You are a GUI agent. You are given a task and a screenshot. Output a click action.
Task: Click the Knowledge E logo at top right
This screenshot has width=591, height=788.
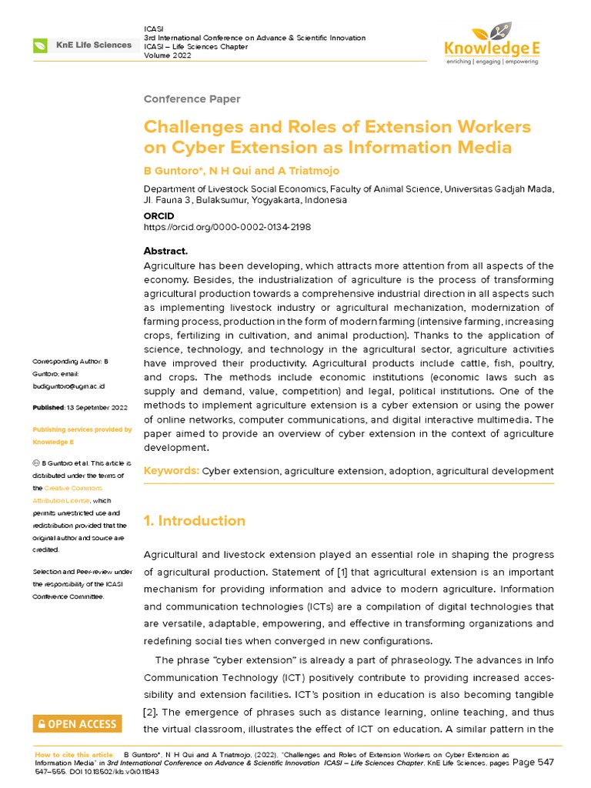(493, 45)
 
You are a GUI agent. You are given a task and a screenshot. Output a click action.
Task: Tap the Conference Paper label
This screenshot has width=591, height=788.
(192, 99)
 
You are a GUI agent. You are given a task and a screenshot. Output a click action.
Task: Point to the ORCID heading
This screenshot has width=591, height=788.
(159, 216)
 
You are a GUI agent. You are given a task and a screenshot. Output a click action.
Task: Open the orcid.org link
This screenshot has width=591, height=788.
(228, 228)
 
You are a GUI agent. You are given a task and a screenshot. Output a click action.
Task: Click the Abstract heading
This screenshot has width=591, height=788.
(166, 252)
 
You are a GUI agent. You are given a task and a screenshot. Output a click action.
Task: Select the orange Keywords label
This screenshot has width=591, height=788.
(172, 470)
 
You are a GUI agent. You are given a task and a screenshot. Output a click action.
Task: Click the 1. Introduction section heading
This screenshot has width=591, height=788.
(195, 521)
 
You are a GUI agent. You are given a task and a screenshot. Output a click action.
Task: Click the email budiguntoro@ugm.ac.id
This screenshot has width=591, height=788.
(68, 386)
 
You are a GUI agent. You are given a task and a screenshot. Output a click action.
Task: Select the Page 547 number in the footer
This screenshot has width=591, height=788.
(534, 762)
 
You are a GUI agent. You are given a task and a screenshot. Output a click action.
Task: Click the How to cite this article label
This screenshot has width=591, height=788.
(74, 755)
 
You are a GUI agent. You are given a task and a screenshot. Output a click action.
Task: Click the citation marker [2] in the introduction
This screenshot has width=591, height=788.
(151, 710)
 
